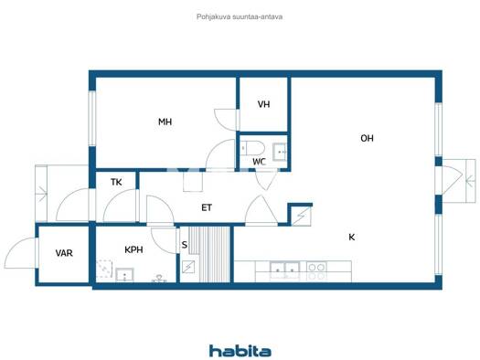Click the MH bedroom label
pos(165,122)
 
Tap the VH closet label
pos(263,104)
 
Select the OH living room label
pos(367,138)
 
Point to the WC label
pos(259,162)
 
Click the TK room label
pos(116,183)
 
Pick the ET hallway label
pos(207,208)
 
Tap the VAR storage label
pos(64,253)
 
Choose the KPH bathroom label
pos(133,249)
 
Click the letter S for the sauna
pos(185,245)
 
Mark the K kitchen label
pos(352,237)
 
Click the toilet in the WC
pos(252,149)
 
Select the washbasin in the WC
pos(280,152)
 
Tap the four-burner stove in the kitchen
pos(316,271)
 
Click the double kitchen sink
pos(284,270)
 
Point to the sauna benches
pos(209,254)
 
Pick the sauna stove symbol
pos(188,267)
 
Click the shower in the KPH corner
pos(104,270)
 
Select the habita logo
pos(240,351)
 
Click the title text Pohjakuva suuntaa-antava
pos(240,16)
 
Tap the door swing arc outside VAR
pos(18,251)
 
